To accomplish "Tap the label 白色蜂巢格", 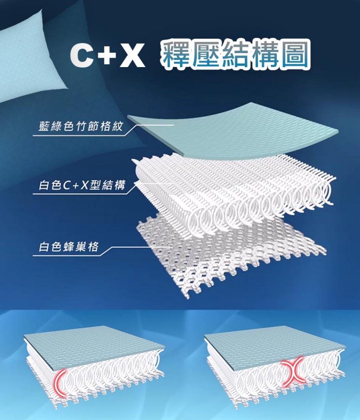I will [68, 246].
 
